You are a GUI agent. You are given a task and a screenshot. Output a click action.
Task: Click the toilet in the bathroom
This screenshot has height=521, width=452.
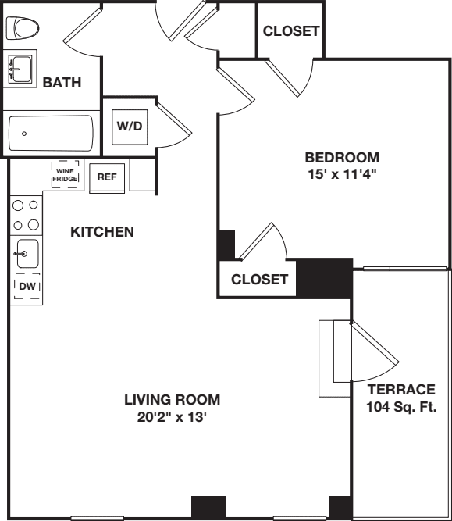coord(23,29)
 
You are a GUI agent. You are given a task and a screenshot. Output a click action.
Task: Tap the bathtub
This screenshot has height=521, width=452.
coord(51,134)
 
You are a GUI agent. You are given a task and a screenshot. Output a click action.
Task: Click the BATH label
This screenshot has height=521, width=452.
coord(62,83)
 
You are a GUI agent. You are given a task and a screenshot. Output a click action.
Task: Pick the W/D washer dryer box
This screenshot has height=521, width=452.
coord(130,127)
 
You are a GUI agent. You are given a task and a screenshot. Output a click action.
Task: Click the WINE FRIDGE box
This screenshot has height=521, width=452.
coord(65,174)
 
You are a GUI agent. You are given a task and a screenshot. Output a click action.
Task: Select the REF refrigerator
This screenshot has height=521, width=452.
coord(107,177)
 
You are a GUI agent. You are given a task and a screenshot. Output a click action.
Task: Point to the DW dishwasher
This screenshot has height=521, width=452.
coord(27,287)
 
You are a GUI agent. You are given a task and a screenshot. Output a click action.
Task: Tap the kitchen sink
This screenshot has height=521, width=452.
coord(27,253)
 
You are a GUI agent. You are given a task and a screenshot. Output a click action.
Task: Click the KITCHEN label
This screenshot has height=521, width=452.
coord(102,232)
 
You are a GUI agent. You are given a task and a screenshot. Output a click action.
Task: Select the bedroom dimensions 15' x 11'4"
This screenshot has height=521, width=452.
coord(342,174)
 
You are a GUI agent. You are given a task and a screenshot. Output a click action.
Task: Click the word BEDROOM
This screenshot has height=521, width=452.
coord(342,157)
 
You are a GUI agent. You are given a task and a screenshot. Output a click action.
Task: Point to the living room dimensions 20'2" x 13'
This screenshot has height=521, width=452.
coord(172,417)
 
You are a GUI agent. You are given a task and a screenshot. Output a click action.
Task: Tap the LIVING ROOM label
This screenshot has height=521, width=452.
coord(172,400)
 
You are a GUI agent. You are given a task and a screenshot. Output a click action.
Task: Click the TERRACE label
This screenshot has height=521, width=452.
coord(401,390)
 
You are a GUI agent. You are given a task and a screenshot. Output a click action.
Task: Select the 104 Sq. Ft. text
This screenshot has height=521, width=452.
coord(401,407)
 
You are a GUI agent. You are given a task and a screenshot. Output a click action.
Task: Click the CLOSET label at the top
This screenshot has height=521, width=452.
coord(290,31)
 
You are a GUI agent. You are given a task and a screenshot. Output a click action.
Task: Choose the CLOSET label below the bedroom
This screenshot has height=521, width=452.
coord(259,280)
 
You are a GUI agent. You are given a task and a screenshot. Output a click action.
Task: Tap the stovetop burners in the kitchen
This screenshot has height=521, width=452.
coord(25,215)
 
